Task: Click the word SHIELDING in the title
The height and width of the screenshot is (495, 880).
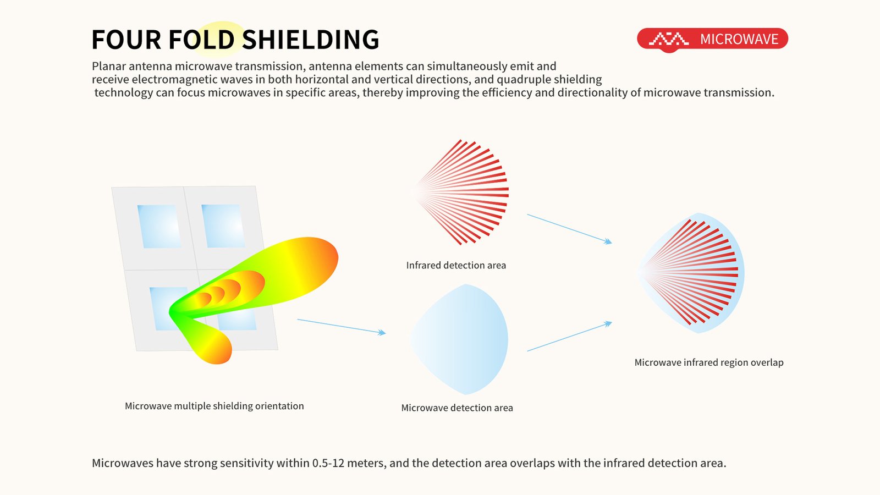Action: [310, 39]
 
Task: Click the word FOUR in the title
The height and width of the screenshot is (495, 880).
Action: [126, 39]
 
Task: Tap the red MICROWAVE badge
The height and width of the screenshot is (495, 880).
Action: [712, 39]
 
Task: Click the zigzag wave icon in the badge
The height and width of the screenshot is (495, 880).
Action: [669, 39]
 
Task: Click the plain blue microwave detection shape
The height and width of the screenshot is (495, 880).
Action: [460, 339]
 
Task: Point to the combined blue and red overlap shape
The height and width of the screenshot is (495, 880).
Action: [691, 273]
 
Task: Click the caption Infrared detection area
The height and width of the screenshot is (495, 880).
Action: [456, 265]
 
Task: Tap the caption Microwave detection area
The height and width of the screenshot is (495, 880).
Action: [457, 408]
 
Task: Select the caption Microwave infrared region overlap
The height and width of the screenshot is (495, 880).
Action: [709, 362]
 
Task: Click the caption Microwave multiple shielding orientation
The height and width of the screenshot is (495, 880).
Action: [214, 406]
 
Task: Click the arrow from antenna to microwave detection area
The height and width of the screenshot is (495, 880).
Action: [342, 327]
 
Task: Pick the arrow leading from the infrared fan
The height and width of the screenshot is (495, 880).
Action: [569, 229]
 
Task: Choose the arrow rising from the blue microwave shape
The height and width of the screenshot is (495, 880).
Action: [569, 336]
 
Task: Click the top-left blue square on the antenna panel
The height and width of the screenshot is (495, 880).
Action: [159, 226]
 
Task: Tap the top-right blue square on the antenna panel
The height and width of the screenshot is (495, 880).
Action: [223, 226]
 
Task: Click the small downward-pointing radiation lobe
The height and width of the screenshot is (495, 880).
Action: [208, 342]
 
